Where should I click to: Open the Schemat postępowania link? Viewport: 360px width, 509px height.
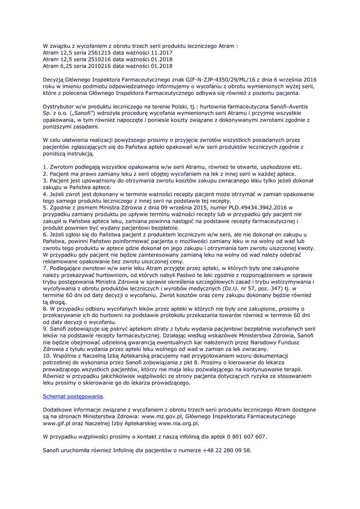74,396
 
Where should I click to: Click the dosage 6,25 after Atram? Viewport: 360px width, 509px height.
67,65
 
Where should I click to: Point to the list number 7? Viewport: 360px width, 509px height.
45,267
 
